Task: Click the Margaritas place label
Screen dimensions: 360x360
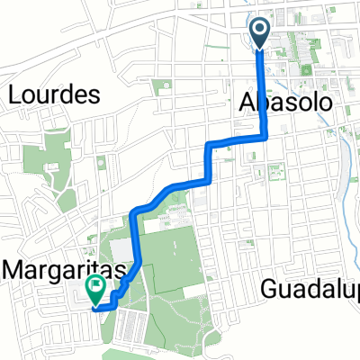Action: (x=62, y=267)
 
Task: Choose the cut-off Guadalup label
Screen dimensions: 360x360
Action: (x=311, y=289)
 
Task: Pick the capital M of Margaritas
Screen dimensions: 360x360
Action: (x=12, y=267)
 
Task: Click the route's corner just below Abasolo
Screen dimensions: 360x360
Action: (x=266, y=137)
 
